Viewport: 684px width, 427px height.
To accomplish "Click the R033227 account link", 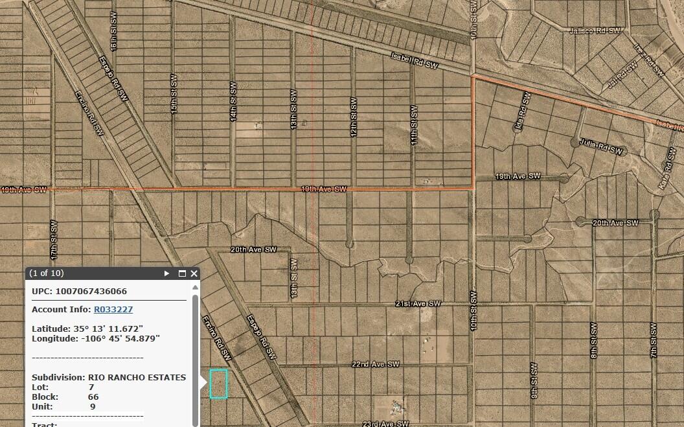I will click(x=113, y=310).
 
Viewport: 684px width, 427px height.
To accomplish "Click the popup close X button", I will click(x=194, y=273).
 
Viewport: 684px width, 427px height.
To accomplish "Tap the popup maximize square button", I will click(x=182, y=273).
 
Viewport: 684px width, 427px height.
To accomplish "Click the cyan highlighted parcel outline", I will click(x=219, y=384).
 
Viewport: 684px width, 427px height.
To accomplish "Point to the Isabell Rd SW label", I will click(x=415, y=62).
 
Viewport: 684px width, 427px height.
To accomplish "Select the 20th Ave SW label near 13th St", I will click(x=253, y=249).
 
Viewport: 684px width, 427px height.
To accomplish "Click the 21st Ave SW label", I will click(x=418, y=303).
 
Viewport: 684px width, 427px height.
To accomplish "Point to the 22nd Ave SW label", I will click(x=376, y=365).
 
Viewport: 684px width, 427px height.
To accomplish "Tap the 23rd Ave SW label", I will click(x=385, y=424).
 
